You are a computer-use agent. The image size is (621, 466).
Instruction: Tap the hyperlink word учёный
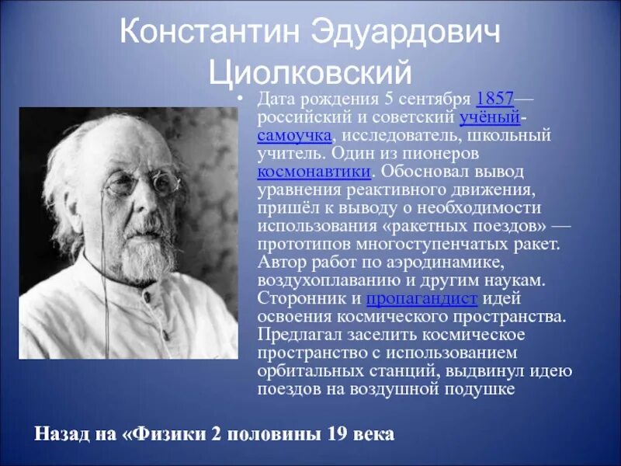click(x=489, y=118)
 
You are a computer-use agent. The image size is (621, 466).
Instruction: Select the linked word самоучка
click(x=294, y=135)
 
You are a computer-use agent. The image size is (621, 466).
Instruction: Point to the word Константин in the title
click(x=204, y=33)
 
